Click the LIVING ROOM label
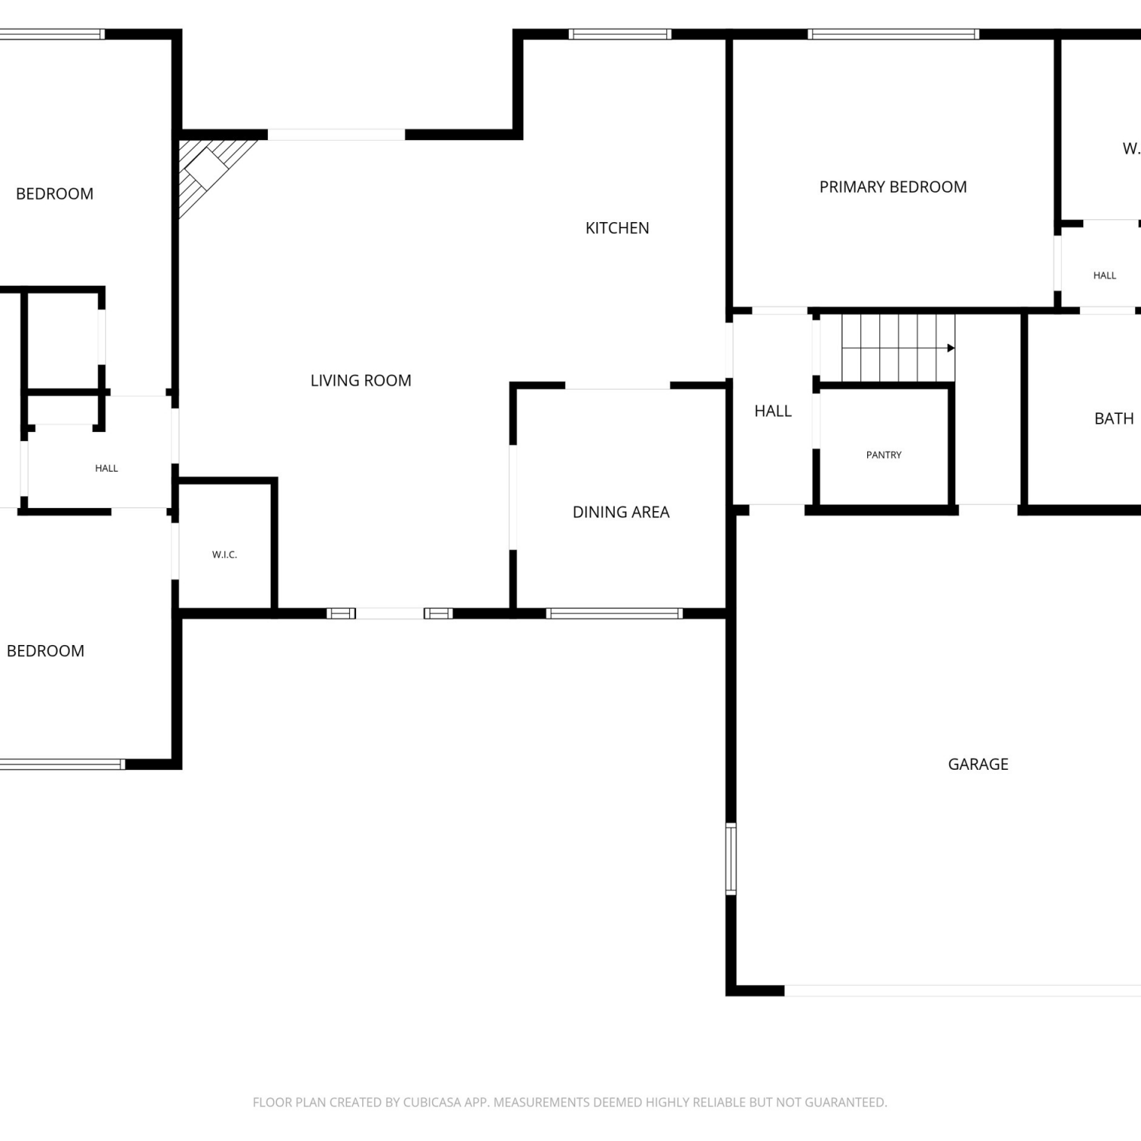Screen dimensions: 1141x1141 pos(361,380)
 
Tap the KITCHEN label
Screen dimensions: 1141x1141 pos(617,228)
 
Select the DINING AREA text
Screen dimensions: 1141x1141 pos(621,512)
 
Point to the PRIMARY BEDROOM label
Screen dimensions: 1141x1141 pos(893,187)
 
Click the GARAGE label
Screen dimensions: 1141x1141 pos(978,764)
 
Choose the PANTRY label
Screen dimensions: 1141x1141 pos(884,455)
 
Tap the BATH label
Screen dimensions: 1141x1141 pos(1114,418)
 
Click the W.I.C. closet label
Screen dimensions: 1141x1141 pos(224,555)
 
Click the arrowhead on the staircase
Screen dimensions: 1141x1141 pos(951,348)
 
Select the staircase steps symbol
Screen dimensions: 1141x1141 pos(898,348)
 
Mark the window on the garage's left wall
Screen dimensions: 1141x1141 pos(731,859)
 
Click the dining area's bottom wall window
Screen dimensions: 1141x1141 pos(614,614)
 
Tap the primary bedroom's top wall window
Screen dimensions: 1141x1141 pos(893,34)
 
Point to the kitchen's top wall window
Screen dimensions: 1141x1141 pos(620,34)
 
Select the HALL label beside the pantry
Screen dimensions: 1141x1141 pos(773,412)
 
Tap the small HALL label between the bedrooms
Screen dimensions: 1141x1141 pos(106,469)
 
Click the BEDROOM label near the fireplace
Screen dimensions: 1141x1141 pos(55,194)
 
